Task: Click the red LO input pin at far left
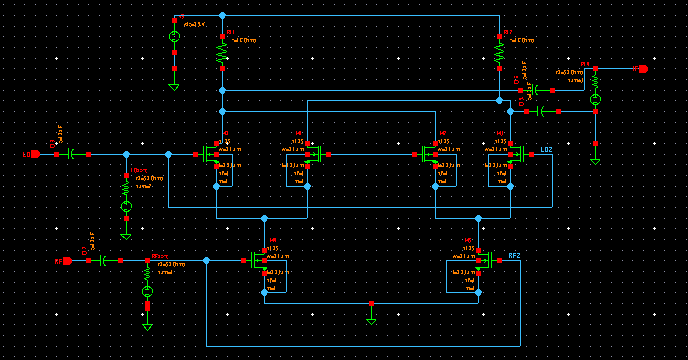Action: pos(35,154)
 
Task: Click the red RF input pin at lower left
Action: pos(67,260)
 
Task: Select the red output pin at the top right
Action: pos(643,69)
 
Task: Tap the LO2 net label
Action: pos(545,150)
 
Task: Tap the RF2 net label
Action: pos(514,256)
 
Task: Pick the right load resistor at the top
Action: pos(498,50)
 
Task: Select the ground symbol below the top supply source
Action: pos(174,86)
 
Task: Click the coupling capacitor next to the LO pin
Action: pos(72,154)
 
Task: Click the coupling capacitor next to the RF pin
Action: pos(104,260)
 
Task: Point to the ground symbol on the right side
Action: pos(595,158)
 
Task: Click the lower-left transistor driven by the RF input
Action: pos(261,261)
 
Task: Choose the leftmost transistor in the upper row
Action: pos(213,155)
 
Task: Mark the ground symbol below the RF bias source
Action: pos(147,325)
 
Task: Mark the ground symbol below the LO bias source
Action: pos(126,233)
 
